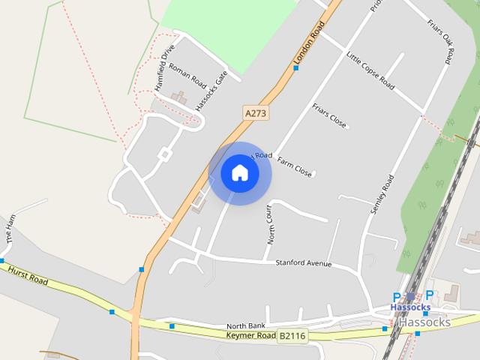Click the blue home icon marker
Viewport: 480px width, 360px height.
[240, 173]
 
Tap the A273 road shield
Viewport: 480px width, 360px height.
[256, 112]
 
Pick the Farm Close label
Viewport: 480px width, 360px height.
[294, 166]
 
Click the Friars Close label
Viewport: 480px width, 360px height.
[329, 115]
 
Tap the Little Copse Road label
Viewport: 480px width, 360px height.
[370, 71]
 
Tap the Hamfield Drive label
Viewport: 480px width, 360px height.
[164, 68]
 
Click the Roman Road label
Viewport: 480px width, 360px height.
[187, 75]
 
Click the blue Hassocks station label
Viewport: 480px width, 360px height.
[410, 307]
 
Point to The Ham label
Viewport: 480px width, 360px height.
[10, 228]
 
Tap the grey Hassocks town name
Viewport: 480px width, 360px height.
[424, 322]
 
